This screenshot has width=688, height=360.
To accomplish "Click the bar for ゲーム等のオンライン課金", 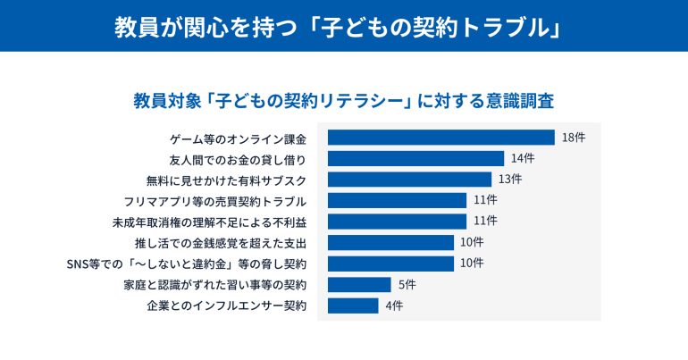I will point(440,138).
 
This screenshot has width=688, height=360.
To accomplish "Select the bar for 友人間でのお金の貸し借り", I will point(415,158).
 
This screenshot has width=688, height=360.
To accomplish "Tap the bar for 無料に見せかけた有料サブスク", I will point(409,180).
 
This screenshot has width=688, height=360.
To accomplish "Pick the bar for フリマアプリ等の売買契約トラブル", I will point(397,200).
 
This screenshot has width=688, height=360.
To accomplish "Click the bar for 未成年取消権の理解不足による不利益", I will point(397,222).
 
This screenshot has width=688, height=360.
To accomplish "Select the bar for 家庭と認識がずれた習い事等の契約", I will point(359,285).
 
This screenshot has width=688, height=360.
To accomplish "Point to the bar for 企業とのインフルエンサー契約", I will point(353,306).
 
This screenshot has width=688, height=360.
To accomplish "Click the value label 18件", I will point(573,138).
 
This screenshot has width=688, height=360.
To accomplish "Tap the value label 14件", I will point(523,158).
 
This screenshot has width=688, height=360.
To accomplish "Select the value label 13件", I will point(510,180).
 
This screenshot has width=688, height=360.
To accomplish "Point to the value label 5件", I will point(406,285).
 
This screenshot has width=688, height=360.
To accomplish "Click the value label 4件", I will point(393,306).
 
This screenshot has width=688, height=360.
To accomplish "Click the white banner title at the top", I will point(343,26).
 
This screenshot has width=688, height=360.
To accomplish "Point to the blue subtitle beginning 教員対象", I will point(343,98).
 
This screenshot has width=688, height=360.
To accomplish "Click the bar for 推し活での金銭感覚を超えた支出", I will point(390,242).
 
